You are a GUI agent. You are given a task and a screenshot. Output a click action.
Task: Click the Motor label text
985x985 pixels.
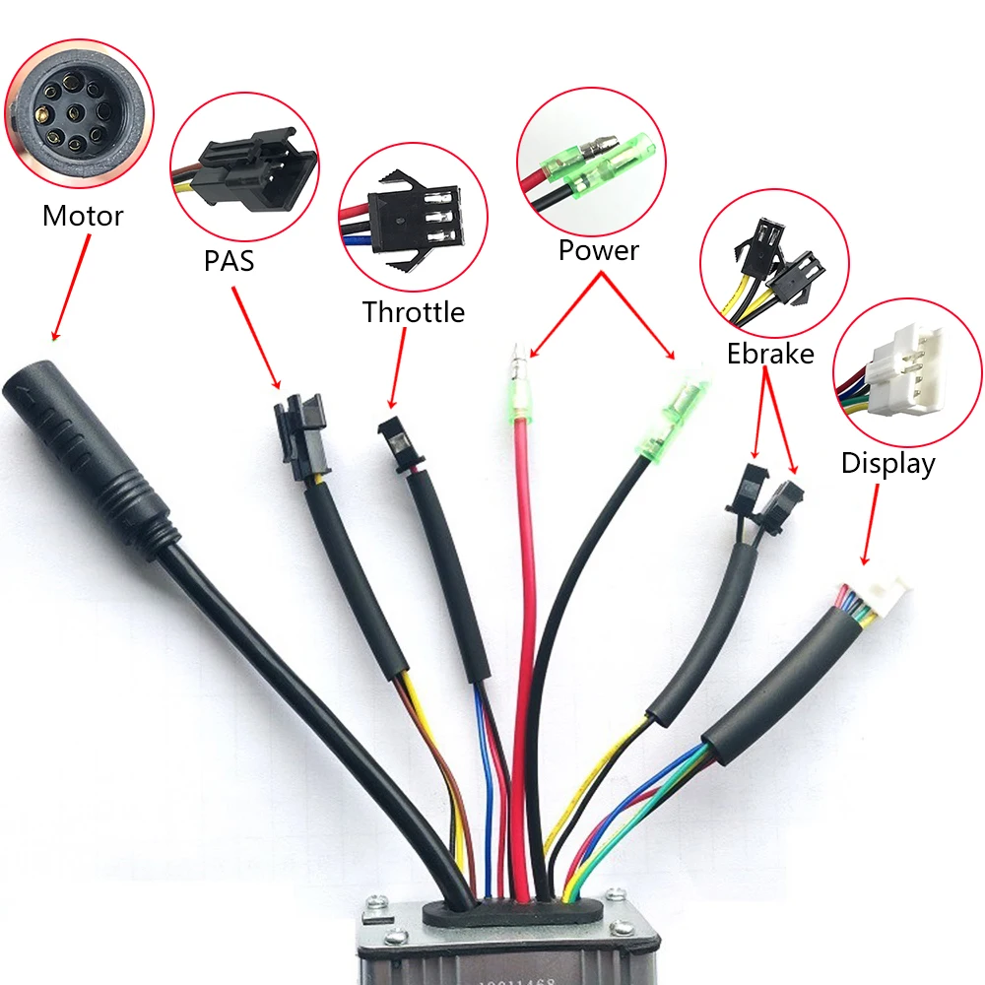pos(83,215)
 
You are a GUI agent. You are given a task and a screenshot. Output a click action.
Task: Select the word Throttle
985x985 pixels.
pos(413,312)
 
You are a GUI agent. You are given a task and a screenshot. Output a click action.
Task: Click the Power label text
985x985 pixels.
pos(598,250)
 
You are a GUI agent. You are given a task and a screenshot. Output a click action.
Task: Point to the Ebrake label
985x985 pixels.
pos(770,353)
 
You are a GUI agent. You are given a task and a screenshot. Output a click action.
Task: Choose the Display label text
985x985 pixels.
pos(887,463)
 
